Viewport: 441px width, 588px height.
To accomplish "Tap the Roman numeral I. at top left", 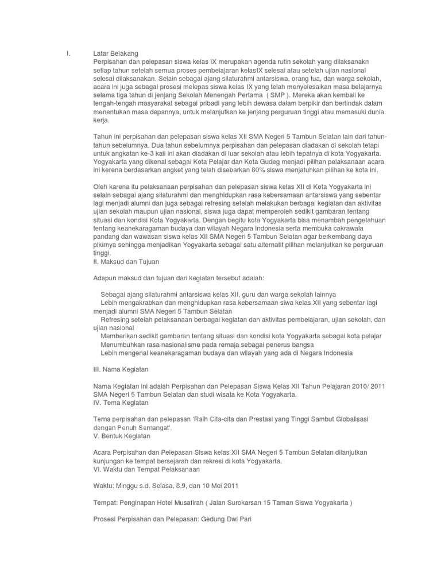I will tap(69, 54).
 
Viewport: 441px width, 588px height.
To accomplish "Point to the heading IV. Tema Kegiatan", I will tap(121, 403).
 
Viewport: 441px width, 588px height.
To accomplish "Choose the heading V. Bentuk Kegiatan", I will tap(122, 436).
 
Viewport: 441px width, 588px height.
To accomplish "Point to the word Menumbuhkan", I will tap(122, 344).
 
